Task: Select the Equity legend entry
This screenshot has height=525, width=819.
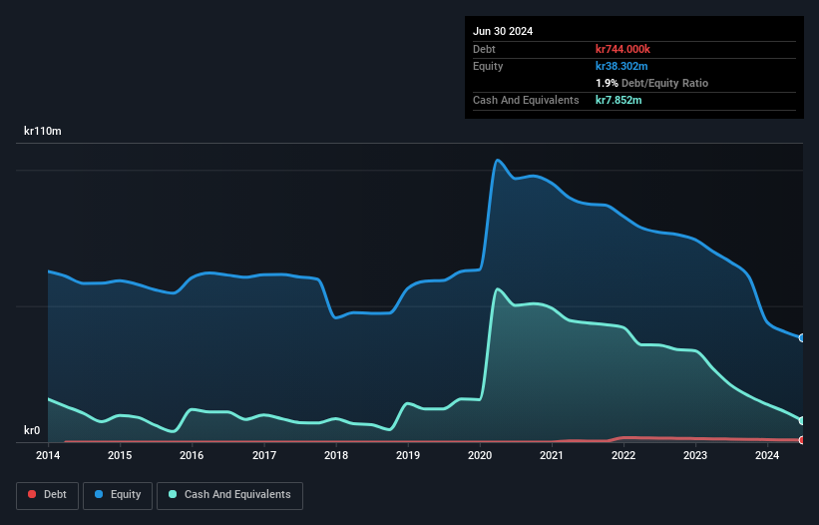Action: [117, 494]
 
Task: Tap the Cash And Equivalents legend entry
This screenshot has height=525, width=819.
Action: [229, 494]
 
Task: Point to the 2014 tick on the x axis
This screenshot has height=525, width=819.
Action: [48, 456]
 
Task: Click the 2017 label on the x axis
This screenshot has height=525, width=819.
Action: [264, 456]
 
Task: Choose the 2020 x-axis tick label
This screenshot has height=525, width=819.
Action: [480, 456]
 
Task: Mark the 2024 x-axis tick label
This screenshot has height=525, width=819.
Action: [767, 456]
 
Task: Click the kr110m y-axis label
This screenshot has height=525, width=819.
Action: [43, 132]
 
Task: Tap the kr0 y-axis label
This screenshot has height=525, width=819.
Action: [33, 431]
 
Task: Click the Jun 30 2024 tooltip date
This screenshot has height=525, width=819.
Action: [503, 31]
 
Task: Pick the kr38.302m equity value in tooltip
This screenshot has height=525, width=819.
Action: [621, 66]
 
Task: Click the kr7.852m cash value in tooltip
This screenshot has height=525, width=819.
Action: [618, 100]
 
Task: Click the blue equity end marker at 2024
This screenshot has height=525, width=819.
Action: [802, 338]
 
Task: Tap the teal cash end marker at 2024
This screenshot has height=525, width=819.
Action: [802, 420]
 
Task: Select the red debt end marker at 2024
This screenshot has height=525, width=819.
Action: [802, 440]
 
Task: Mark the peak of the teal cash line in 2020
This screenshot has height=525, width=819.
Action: [497, 289]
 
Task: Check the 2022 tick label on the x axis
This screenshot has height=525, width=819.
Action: [623, 456]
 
